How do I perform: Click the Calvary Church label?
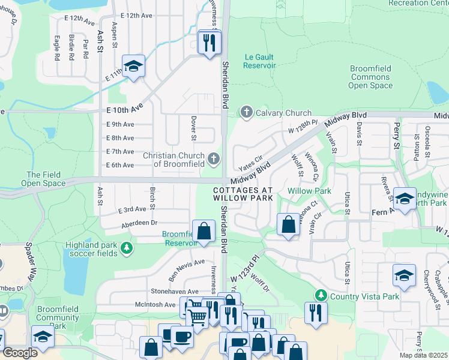coord(283,113)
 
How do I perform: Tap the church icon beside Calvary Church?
coord(246,112)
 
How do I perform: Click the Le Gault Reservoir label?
coord(259,61)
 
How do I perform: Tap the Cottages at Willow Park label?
coord(243,194)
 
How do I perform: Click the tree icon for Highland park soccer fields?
coord(126,247)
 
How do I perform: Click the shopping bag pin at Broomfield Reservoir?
coord(204,230)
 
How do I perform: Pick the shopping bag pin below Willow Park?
coord(289,224)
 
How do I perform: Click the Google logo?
coord(19,353)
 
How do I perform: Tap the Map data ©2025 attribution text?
coord(423,355)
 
